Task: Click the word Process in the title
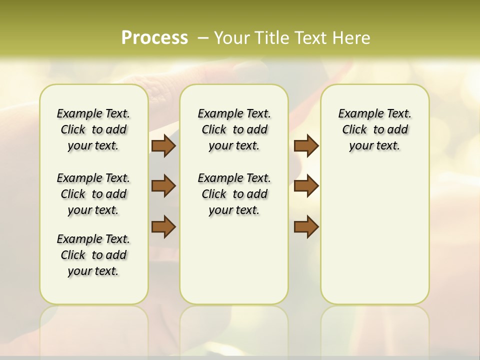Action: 154,37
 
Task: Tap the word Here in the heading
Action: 351,38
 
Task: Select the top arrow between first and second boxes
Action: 163,145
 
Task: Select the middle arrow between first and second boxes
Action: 163,186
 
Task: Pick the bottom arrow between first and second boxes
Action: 163,226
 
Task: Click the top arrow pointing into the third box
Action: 306,145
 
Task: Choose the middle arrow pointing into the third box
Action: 306,186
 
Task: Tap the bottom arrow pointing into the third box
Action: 306,226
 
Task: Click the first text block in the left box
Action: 93,129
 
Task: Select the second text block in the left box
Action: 93,194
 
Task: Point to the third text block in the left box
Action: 93,255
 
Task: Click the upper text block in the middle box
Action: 234,129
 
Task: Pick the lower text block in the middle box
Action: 234,194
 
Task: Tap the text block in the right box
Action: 375,129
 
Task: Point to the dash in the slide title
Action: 203,38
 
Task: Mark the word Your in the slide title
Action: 232,38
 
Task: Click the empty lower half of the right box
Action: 375,240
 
